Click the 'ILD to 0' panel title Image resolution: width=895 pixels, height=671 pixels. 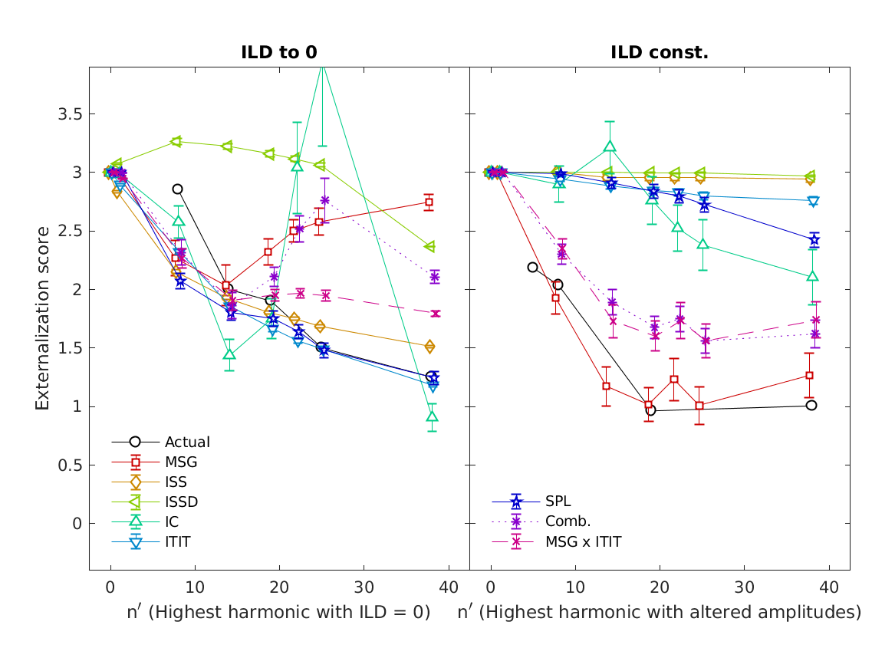click(x=279, y=52)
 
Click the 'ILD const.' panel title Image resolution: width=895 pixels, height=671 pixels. click(x=660, y=52)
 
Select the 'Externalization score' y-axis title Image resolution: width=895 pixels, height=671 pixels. click(x=43, y=318)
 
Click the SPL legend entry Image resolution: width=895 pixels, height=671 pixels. click(x=558, y=502)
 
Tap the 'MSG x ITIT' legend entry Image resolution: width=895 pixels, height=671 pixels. click(x=583, y=542)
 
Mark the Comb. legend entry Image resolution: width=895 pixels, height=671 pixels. click(x=568, y=522)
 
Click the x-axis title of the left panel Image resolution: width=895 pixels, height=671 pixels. click(x=278, y=612)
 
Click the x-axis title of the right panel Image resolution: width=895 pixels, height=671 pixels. click(x=660, y=612)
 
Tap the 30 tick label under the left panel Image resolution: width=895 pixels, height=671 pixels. click(x=364, y=587)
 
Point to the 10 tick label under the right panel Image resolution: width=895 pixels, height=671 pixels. click(x=575, y=587)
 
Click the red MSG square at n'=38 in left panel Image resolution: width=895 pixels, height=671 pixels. click(x=429, y=202)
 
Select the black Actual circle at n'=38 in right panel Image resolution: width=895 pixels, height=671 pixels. click(x=811, y=405)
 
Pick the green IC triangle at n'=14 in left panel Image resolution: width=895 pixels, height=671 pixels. click(x=229, y=354)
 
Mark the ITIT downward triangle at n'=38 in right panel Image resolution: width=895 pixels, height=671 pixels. click(x=813, y=202)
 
